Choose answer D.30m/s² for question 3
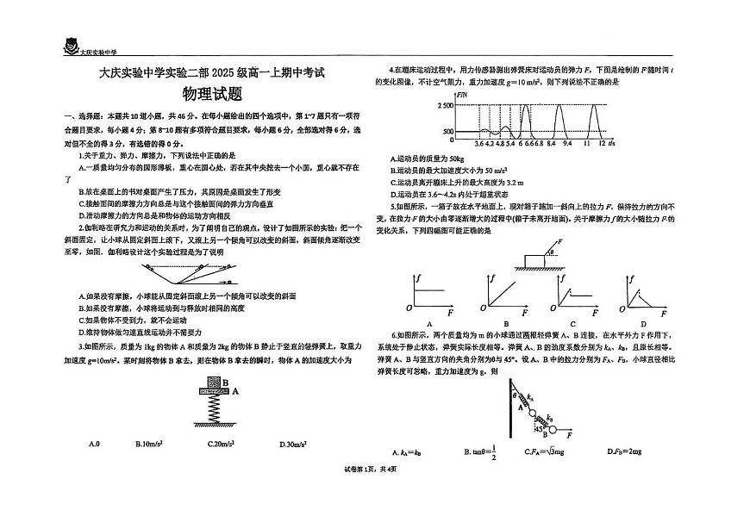click(x=297, y=445)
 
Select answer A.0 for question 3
click(x=95, y=445)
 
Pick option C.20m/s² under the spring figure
click(x=223, y=445)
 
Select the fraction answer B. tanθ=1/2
click(x=480, y=451)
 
